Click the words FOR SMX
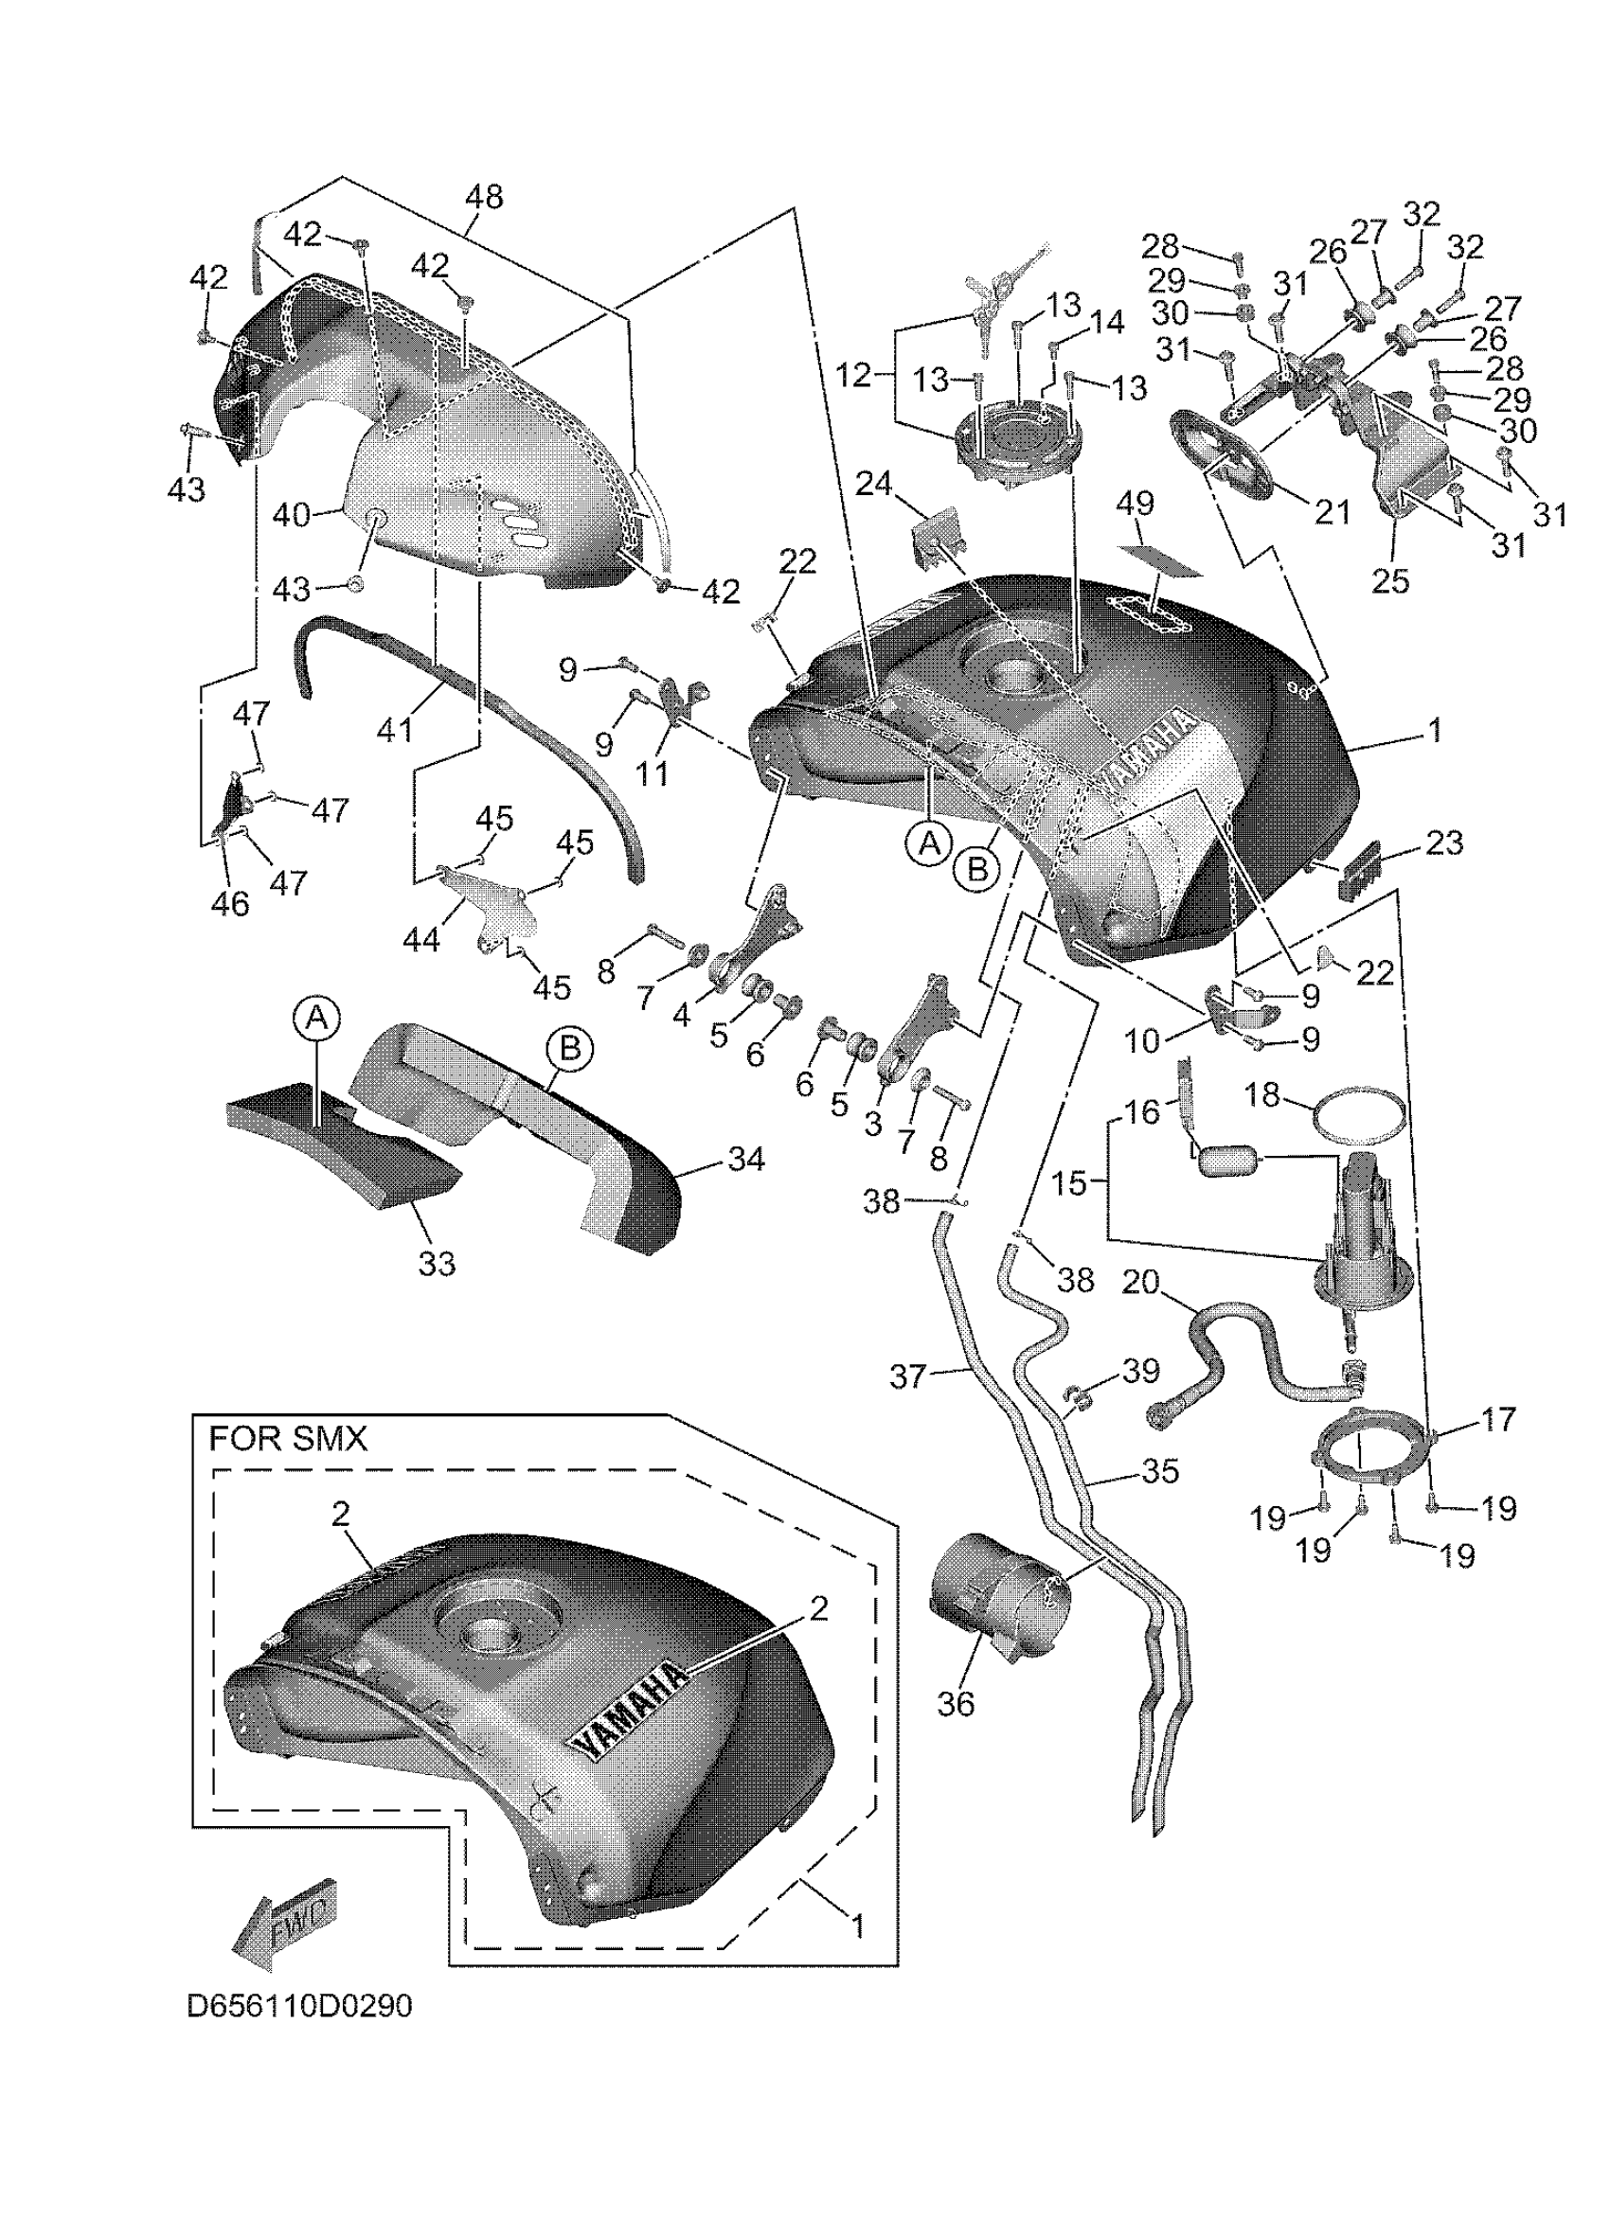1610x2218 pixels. (x=288, y=1439)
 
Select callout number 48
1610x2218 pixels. (x=483, y=197)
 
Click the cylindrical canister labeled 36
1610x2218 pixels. (x=998, y=1595)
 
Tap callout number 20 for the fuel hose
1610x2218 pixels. (x=1139, y=1281)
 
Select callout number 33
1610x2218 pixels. (x=437, y=1264)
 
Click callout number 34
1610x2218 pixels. (x=746, y=1160)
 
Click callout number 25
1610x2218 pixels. (x=1390, y=580)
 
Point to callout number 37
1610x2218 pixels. (x=906, y=1377)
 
